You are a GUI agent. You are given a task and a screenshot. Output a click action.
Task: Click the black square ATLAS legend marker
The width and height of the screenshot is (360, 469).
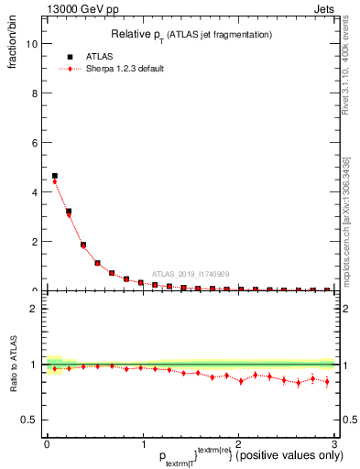point(71,57)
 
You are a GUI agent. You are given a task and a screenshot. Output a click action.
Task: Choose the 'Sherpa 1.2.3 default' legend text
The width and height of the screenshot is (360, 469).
point(124,70)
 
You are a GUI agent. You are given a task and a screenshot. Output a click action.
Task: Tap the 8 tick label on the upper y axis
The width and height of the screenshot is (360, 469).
point(33,93)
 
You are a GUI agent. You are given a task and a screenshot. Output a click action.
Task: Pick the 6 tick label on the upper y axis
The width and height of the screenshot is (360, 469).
point(33,143)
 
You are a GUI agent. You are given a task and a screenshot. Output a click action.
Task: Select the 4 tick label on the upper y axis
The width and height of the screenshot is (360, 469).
point(33,192)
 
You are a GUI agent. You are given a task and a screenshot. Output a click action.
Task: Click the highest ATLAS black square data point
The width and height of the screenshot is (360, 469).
point(55,176)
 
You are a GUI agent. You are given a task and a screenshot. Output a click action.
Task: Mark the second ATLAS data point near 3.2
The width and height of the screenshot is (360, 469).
point(69,212)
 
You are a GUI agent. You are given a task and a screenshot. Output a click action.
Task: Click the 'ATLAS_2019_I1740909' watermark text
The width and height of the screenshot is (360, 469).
point(190,273)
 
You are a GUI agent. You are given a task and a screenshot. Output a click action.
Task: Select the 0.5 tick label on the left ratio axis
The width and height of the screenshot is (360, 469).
point(29,420)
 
